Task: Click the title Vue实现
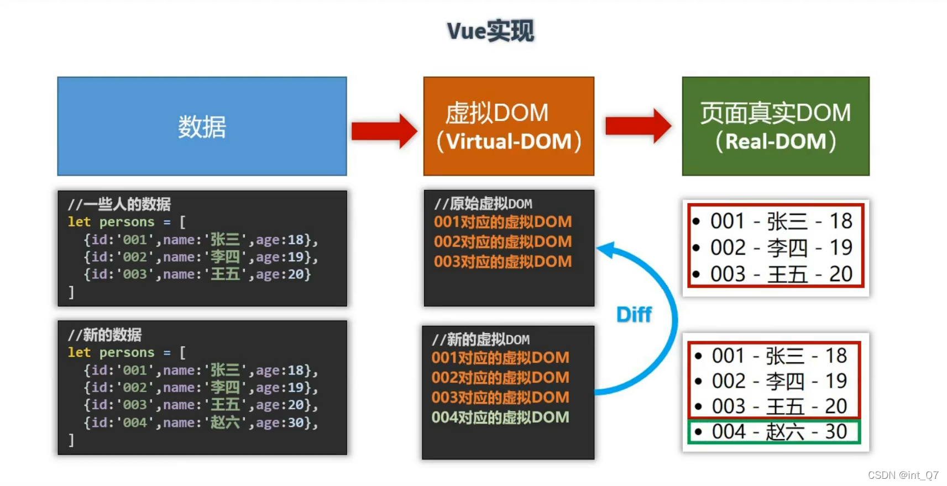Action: click(x=490, y=31)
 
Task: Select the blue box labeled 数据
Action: click(x=202, y=126)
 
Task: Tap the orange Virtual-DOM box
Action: click(x=509, y=126)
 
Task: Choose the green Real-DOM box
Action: click(x=776, y=126)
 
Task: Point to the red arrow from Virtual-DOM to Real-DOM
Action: click(x=639, y=126)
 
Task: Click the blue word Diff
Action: click(x=634, y=315)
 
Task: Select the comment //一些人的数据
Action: click(x=119, y=204)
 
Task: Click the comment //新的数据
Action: click(x=105, y=335)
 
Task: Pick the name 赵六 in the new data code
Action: click(x=225, y=422)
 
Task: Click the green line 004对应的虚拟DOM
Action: click(x=500, y=417)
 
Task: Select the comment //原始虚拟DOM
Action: click(x=483, y=204)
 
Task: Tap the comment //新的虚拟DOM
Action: click(x=481, y=340)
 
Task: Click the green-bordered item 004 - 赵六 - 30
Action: click(x=774, y=431)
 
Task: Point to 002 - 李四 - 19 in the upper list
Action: click(x=773, y=247)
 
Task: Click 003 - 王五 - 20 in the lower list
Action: click(x=772, y=406)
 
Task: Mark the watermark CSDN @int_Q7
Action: click(x=903, y=475)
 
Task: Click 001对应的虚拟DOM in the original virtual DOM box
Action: click(x=503, y=221)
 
